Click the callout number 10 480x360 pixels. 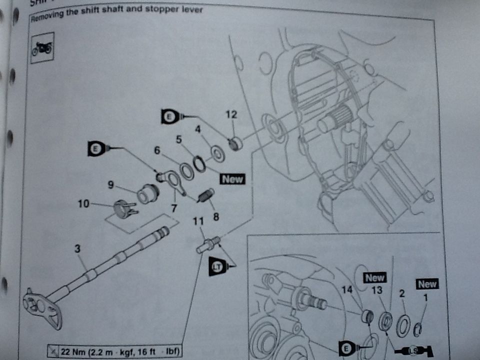pos(83,203)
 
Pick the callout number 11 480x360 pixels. pos(199,220)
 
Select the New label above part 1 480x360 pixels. pos(427,284)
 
